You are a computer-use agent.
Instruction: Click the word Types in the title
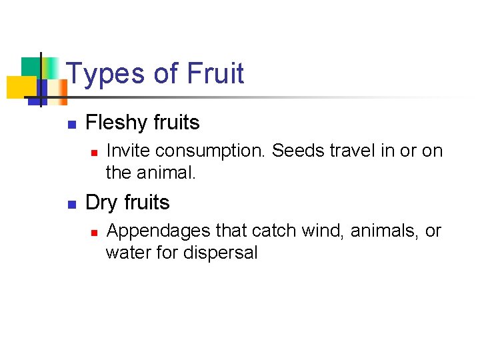105,73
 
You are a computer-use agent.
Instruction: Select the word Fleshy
117,123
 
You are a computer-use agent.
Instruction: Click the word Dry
100,203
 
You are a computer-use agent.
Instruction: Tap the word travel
349,151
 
